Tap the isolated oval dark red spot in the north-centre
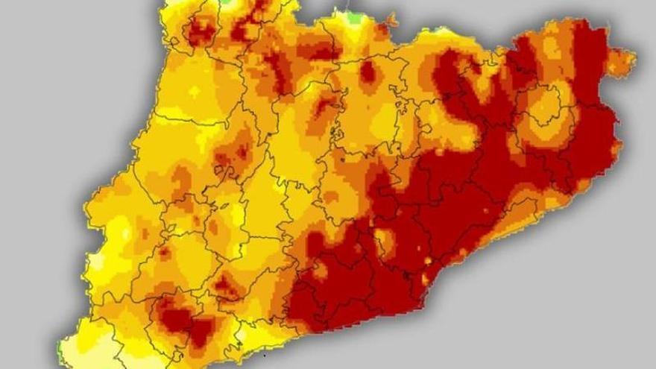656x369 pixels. (x=368, y=72)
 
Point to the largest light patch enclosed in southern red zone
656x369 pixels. (x=384, y=240)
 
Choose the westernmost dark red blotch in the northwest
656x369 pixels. (x=199, y=31)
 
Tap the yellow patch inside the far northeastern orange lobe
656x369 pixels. (x=552, y=48)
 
